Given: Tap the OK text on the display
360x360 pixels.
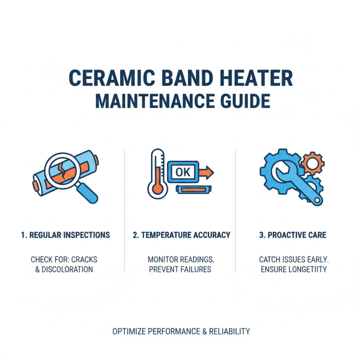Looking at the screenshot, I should point(183,172).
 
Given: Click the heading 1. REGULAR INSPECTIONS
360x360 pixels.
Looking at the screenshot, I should point(65,235).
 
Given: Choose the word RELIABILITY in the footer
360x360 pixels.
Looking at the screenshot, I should point(229,332).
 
